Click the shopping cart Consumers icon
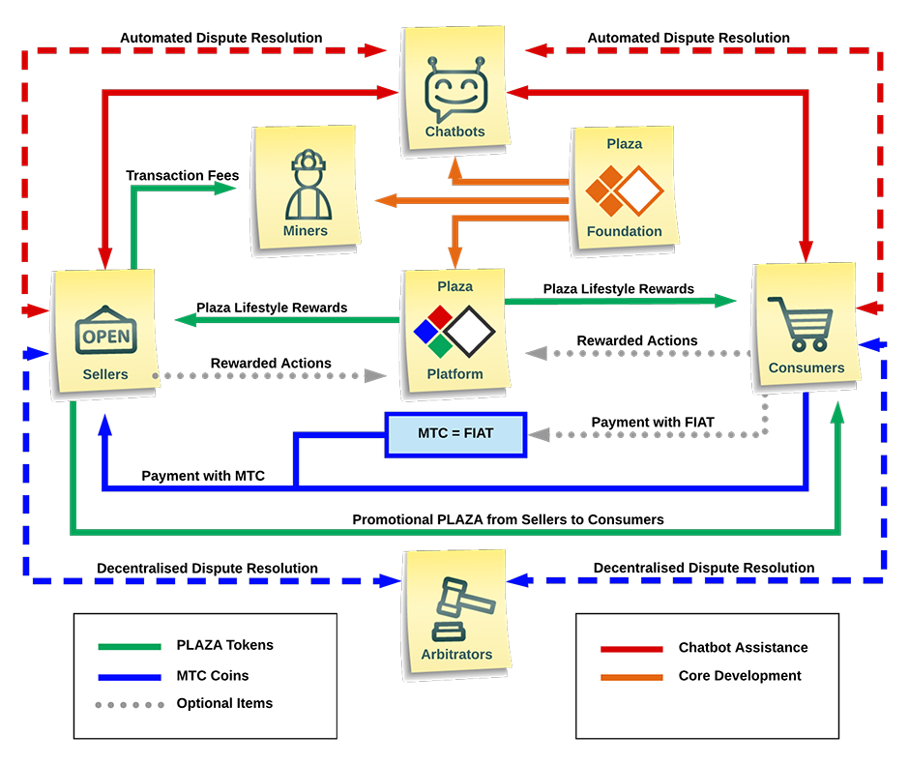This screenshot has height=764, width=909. [x=800, y=324]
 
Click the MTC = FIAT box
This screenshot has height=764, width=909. [x=455, y=433]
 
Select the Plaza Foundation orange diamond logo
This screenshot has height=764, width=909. [x=624, y=191]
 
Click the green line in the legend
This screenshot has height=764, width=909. [x=130, y=646]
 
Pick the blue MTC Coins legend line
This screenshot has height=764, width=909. [x=130, y=676]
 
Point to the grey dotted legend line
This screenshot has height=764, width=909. [x=130, y=704]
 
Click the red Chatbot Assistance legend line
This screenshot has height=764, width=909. [x=631, y=648]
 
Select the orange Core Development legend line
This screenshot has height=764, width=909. [x=631, y=676]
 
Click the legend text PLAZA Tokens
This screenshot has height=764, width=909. [x=225, y=646]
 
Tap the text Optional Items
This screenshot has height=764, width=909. [x=224, y=703]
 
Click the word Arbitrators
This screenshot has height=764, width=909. [x=456, y=655]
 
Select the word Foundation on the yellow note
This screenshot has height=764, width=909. [x=625, y=232]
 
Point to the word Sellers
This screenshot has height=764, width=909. [x=104, y=374]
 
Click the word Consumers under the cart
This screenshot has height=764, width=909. [x=806, y=368]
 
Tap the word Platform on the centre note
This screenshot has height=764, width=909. [x=454, y=374]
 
